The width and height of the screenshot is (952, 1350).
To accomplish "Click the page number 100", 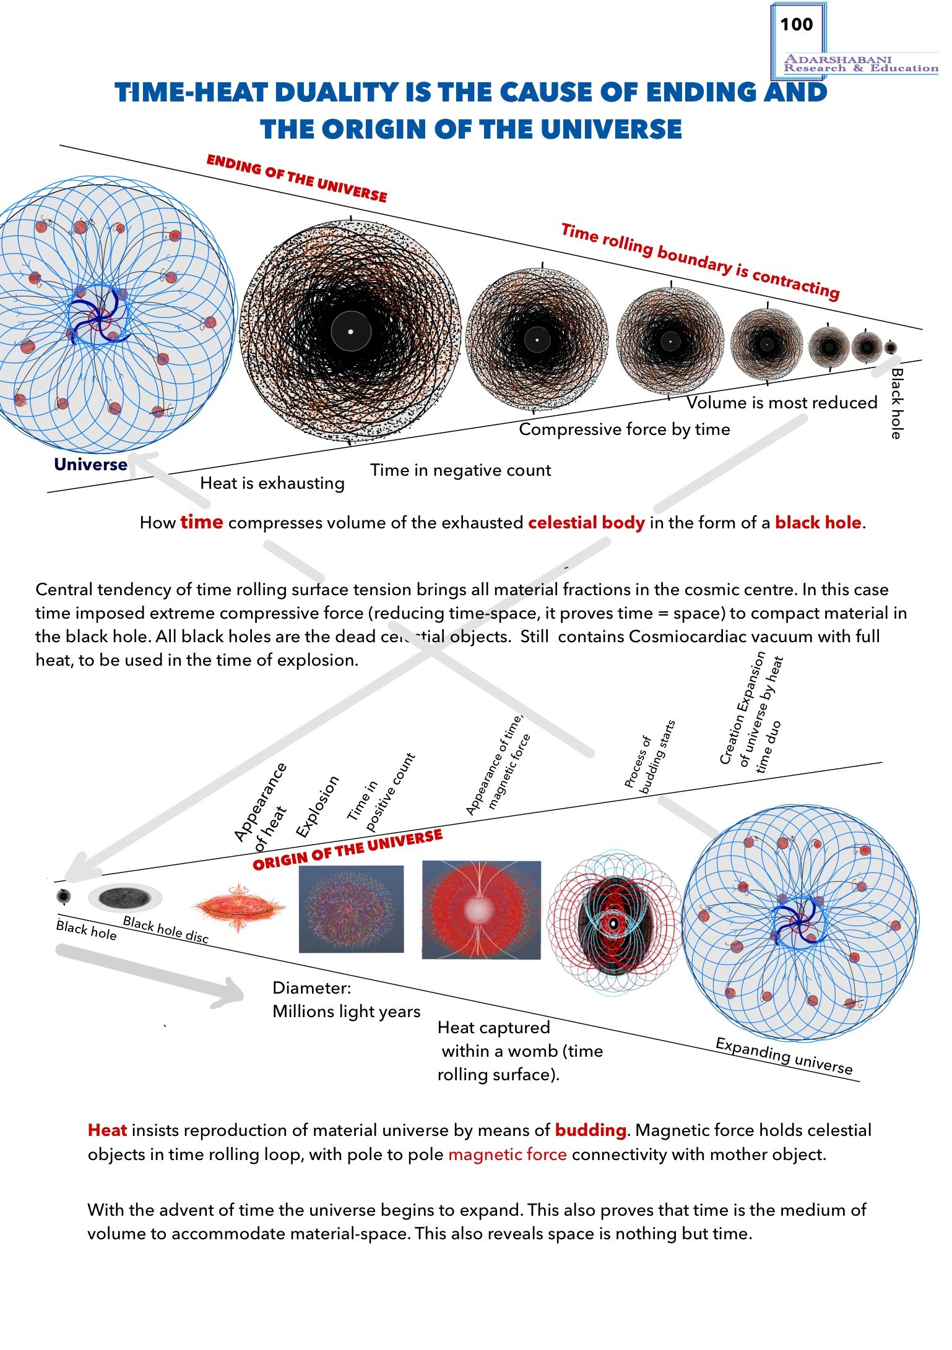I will tap(796, 25).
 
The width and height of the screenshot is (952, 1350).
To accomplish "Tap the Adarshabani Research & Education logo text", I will tap(860, 64).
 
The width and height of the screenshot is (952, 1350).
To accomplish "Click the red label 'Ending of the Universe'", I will tap(296, 179).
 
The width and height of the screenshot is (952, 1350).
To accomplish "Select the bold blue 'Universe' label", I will tap(90, 465).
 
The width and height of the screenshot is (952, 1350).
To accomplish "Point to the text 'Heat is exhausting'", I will tap(272, 483).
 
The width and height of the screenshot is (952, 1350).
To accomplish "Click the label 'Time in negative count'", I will tap(461, 470).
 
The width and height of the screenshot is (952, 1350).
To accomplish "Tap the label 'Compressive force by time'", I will tap(624, 429).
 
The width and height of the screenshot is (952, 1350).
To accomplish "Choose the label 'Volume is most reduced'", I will tap(782, 403).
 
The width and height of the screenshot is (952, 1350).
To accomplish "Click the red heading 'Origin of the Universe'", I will tap(348, 849).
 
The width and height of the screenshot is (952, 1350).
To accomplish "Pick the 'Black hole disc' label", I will tap(166, 929).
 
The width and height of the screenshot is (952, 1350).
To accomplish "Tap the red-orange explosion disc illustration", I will tap(239, 908).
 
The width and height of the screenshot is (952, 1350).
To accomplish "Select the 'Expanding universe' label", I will tap(784, 1056).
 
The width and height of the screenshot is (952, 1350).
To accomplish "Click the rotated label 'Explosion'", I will tap(318, 806).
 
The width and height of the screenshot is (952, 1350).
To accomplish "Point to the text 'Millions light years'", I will tap(347, 1012).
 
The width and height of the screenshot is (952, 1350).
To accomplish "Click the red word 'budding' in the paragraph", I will tap(591, 1130).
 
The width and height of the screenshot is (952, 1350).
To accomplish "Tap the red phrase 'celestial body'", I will tap(586, 523).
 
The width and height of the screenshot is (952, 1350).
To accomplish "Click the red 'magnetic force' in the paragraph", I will tap(508, 1154).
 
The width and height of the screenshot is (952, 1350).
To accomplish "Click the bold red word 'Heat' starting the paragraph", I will tap(107, 1130).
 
